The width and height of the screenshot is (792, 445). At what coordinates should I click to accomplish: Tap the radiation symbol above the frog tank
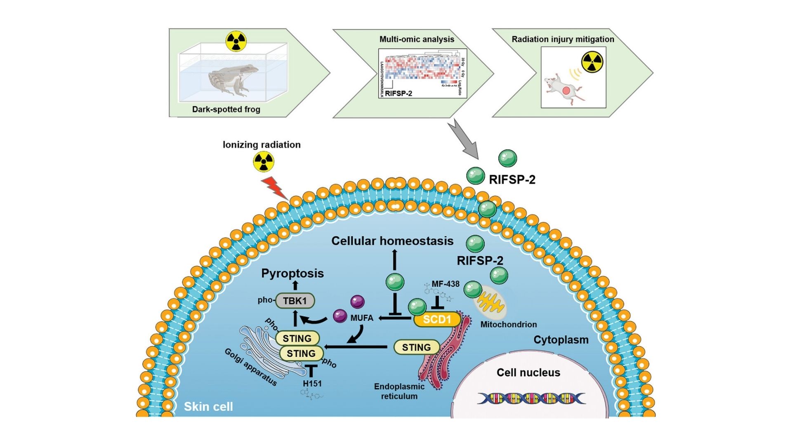coord(236,41)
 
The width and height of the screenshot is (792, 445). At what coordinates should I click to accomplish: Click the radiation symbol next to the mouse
coord(592,62)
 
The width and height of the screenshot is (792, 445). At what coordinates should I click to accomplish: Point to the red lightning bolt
coord(275,188)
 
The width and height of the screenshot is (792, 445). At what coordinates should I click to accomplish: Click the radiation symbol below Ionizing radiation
coord(263,162)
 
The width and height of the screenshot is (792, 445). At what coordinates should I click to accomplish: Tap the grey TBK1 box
coord(295,301)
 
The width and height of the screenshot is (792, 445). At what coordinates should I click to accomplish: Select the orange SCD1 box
coord(437,319)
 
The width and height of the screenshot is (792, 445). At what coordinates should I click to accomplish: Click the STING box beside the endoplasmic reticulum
coord(416,347)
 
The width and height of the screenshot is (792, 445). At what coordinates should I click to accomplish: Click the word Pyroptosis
coord(292,273)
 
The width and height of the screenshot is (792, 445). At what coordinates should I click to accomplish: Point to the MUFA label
coord(362,318)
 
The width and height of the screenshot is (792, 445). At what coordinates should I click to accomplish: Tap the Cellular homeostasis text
coord(392,241)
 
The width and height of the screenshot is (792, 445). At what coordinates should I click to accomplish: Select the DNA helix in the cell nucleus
coord(531,398)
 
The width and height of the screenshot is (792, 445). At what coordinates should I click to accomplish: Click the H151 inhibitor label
coord(312,384)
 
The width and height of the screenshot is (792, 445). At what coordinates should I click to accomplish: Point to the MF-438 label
coord(445,284)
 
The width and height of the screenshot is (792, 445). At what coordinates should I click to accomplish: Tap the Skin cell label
coord(208,407)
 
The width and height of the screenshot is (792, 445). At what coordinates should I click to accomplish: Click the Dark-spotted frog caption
coord(226,110)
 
